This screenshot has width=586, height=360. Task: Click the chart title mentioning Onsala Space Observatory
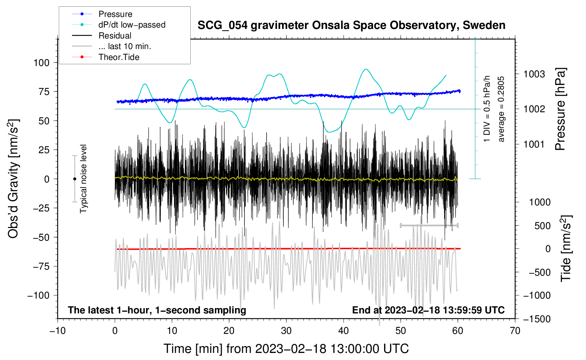point(351,25)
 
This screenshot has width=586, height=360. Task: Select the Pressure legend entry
point(115,14)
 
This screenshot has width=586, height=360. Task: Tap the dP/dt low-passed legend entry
point(132,25)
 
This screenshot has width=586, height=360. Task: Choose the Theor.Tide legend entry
point(119,57)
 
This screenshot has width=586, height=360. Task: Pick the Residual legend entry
point(115,36)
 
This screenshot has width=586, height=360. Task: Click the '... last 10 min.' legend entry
point(125,46)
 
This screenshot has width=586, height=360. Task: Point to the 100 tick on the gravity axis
point(41,63)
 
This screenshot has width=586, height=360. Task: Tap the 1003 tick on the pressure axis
point(534,74)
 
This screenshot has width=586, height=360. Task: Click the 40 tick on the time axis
point(343,331)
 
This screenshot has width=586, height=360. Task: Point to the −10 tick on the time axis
point(58,331)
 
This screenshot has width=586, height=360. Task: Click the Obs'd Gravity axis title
point(13,179)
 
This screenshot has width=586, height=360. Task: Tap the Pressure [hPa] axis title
point(560,109)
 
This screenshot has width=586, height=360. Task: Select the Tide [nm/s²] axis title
point(566,248)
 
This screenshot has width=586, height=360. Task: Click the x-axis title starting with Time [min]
point(286,349)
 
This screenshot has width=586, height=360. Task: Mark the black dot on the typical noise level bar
point(74,179)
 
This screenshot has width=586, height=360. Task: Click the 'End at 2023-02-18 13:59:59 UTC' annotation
point(428,310)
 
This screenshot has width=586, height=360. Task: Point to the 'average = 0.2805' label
point(501,109)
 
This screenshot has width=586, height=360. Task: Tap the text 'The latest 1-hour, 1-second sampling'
point(157,310)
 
